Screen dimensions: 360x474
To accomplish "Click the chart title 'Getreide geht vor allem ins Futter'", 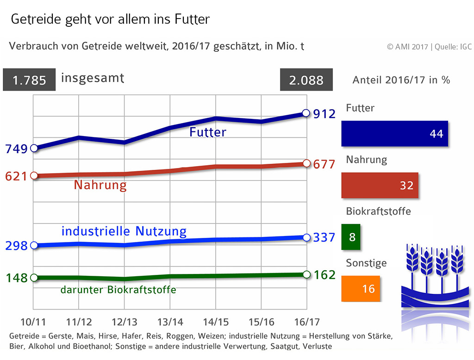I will (x=110, y=19).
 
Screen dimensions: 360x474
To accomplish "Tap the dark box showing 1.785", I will (x=30, y=80).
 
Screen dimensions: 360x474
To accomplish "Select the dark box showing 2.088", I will (x=306, y=80).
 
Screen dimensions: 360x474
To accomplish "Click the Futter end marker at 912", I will (x=306, y=113).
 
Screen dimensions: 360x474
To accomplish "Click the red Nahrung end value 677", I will (x=324, y=164).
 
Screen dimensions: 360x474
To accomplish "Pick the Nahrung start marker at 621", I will (x=33, y=176).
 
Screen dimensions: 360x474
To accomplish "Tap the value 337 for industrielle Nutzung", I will (x=324, y=238).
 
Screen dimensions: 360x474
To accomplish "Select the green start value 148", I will (x=17, y=279).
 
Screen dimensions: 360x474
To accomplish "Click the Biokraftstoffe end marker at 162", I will (x=306, y=274).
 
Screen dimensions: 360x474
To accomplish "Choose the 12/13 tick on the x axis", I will (x=124, y=322).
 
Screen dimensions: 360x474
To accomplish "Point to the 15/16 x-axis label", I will (x=261, y=322).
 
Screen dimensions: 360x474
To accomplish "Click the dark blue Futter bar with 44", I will (x=394, y=134).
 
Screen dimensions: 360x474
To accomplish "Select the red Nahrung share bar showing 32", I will (x=380, y=186).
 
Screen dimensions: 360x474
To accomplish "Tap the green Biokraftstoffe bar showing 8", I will (x=350, y=237).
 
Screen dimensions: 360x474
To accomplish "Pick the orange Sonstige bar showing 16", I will (x=361, y=289).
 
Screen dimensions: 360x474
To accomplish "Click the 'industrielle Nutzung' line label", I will (x=124, y=231).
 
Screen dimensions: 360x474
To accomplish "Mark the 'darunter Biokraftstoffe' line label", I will (x=118, y=290).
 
